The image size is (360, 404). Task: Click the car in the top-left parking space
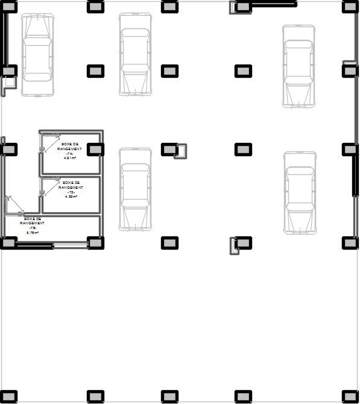pyautogui.click(x=37, y=54)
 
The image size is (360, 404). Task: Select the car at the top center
pyautogui.click(x=135, y=54)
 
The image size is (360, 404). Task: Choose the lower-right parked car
pyautogui.click(x=300, y=192)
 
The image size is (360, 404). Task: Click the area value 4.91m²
pyautogui.click(x=69, y=159)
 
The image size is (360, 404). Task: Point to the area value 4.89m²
pyautogui.click(x=71, y=197)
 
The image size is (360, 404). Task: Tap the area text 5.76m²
pyautogui.click(x=33, y=232)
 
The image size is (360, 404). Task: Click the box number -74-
pyautogui.click(x=69, y=154)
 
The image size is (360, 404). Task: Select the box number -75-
pyautogui.click(x=71, y=192)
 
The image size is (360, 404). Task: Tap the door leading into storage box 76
pyautogui.click(x=13, y=205)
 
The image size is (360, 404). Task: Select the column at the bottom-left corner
pyautogui.click(x=8, y=396)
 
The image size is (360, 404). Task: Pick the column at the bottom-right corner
pyautogui.click(x=350, y=396)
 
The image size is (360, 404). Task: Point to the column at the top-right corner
pyautogui.click(x=350, y=7)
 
